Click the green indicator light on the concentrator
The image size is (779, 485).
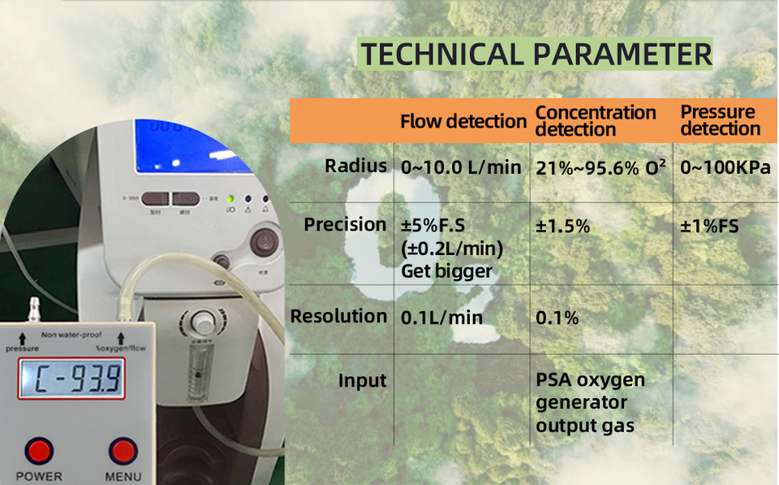pyautogui.click(x=231, y=198)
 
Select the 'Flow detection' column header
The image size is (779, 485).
pyautogui.click(x=463, y=122)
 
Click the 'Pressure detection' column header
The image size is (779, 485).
pyautogui.click(x=719, y=120)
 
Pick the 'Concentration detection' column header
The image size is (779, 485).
pyautogui.click(x=596, y=121)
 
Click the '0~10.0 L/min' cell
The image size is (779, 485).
pyautogui.click(x=461, y=168)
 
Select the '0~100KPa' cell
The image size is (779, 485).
pyautogui.click(x=725, y=168)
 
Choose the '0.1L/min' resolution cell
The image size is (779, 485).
pyautogui.click(x=441, y=318)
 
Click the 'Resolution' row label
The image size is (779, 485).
pyautogui.click(x=338, y=316)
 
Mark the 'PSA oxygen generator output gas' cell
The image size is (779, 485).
pyautogui.click(x=590, y=402)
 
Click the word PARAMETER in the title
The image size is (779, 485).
pyautogui.click(x=622, y=54)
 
